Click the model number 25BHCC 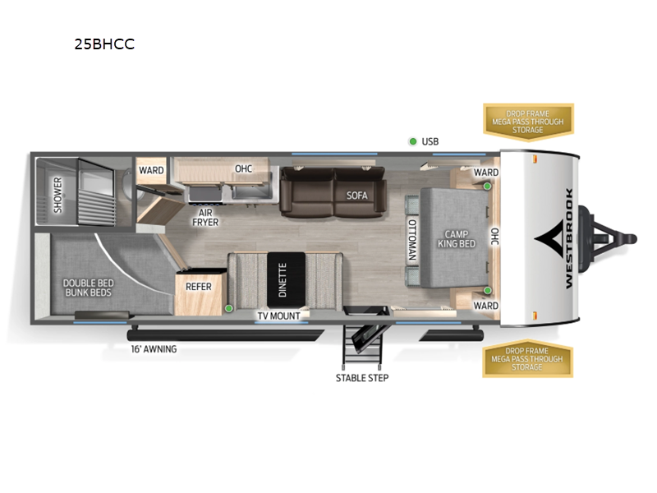104,45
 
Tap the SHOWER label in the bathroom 58,195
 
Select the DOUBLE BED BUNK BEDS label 87,288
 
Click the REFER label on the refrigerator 199,287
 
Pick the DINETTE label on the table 283,280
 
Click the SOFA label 356,196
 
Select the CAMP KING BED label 451,238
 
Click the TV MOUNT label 278,316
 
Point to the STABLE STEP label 361,378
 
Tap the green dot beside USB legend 412,141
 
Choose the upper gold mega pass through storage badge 528,121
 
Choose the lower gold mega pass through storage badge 528,359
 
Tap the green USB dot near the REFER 228,309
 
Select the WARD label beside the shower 151,170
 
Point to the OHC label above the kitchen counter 243,169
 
